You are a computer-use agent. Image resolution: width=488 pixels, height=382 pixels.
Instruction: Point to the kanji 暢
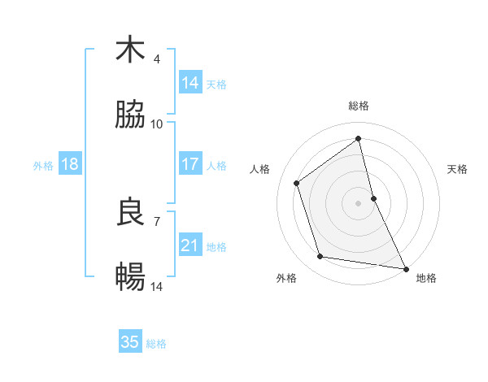pyautogui.click(x=130, y=278)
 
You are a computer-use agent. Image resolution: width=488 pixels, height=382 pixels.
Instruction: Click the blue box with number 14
pyautogui.click(x=190, y=83)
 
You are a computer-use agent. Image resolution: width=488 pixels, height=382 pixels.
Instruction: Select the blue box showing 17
pyautogui.click(x=190, y=164)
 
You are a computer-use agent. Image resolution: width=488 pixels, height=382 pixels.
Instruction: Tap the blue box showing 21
pyautogui.click(x=190, y=245)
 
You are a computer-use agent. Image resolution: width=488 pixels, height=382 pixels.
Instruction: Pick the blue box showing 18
pyautogui.click(x=70, y=164)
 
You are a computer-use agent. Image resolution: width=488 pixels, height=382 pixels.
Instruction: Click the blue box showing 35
pyautogui.click(x=130, y=342)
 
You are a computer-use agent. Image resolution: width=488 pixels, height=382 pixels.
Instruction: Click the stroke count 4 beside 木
pyautogui.click(x=157, y=59)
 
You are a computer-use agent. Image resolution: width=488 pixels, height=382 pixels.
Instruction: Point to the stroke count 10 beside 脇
pyautogui.click(x=157, y=124)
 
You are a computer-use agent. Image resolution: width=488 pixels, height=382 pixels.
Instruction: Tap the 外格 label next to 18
pyautogui.click(x=43, y=165)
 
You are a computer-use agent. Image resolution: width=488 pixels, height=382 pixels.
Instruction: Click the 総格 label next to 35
pyautogui.click(x=156, y=343)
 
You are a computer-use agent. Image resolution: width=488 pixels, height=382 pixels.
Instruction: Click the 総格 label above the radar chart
pyautogui.click(x=359, y=106)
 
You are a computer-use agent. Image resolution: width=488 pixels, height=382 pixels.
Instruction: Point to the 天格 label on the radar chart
pyautogui.click(x=458, y=169)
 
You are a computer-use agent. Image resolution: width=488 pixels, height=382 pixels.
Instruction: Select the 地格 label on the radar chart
pyautogui.click(x=426, y=278)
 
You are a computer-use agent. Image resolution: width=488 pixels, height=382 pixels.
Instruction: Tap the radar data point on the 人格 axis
pyautogui.click(x=297, y=183)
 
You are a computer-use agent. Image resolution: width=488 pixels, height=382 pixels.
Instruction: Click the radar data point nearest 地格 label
pyautogui.click(x=405, y=267)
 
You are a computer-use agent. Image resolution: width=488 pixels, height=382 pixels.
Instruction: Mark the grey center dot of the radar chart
pyautogui.click(x=359, y=203)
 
